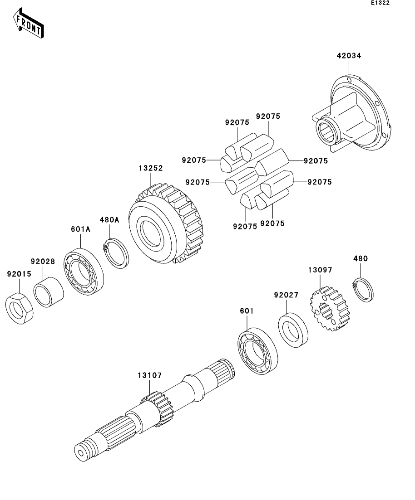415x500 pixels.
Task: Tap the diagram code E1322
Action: [380, 3]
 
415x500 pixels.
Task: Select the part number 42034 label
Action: [349, 56]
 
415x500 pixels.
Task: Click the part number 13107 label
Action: [149, 375]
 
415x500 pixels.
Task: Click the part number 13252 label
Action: [151, 168]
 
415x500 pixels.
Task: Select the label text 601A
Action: [80, 229]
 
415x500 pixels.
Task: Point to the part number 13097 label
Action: [320, 270]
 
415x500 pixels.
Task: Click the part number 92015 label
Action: [19, 274]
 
